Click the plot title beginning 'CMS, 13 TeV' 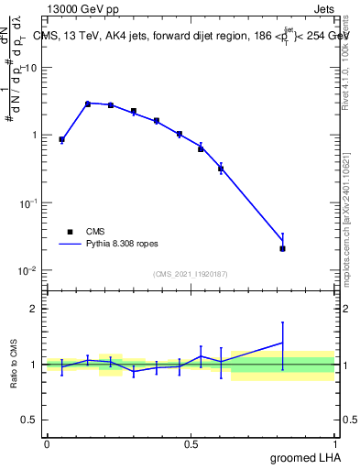190,36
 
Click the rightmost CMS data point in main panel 282,248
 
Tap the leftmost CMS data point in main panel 61,139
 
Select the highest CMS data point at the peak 88,104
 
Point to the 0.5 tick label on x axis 191,443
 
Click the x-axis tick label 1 335,443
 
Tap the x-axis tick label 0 47,443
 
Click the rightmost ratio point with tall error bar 282,343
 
